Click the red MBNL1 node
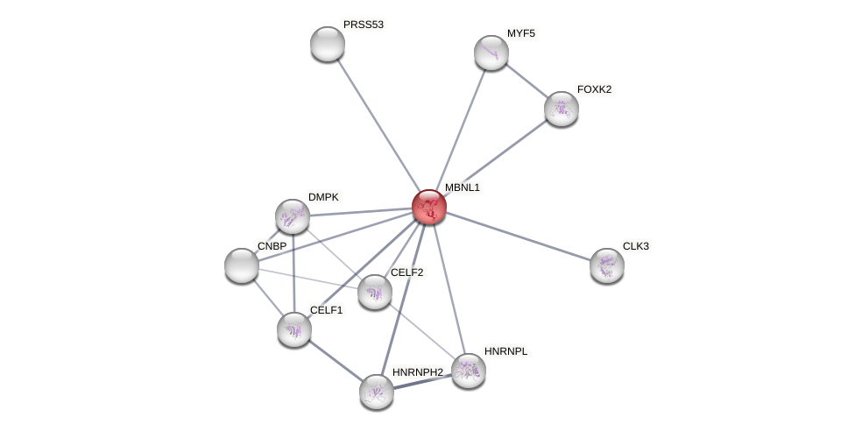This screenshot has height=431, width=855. pyautogui.click(x=429, y=207)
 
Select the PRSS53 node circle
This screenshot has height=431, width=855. pyautogui.click(x=328, y=44)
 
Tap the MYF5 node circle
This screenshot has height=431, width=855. pyautogui.click(x=491, y=53)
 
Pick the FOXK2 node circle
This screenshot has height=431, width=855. pyautogui.click(x=562, y=109)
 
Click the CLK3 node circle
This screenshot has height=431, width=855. pyautogui.click(x=607, y=265)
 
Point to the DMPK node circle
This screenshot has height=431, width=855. pyautogui.click(x=293, y=216)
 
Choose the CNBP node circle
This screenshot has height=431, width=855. pyautogui.click(x=242, y=265)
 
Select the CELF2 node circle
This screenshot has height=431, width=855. pyautogui.click(x=375, y=292)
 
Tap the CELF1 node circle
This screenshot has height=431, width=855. pyautogui.click(x=294, y=329)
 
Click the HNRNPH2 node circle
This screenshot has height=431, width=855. pyautogui.click(x=377, y=392)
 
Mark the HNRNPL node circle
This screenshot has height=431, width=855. pyautogui.click(x=469, y=371)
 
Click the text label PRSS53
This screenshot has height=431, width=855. pyautogui.click(x=363, y=25)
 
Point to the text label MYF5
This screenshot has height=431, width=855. pyautogui.click(x=520, y=33)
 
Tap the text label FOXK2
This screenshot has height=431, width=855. pyautogui.click(x=594, y=89)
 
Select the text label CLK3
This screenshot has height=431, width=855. pyautogui.click(x=635, y=246)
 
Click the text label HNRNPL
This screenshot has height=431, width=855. pyautogui.click(x=506, y=351)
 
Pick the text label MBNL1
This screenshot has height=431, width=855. pyautogui.click(x=462, y=187)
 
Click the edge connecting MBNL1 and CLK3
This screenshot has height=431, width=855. pyautogui.click(x=519, y=237)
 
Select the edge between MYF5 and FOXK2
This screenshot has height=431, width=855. pyautogui.click(x=526, y=81)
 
